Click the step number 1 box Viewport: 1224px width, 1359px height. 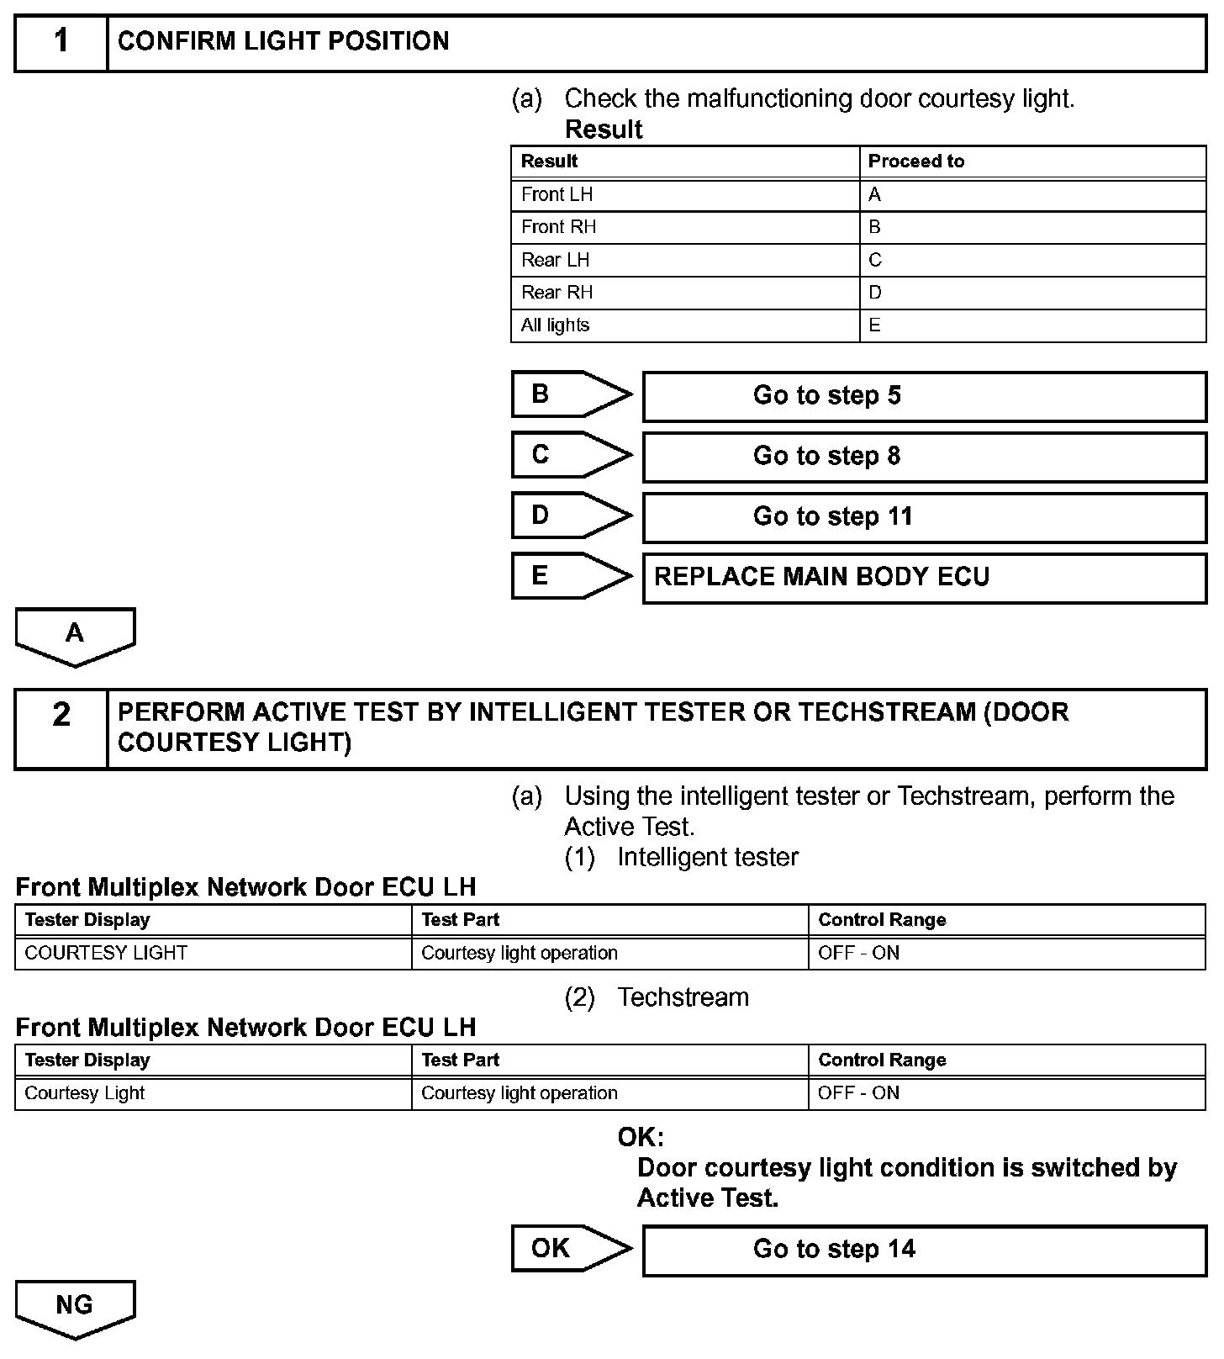coord(61,41)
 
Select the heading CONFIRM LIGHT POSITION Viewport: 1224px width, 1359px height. coord(283,41)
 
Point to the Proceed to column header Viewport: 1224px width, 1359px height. coord(916,161)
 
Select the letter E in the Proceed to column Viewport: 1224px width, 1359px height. coord(875,325)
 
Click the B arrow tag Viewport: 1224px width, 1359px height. coord(571,394)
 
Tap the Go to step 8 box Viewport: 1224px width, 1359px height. coord(924,457)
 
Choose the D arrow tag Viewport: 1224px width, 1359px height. coord(571,516)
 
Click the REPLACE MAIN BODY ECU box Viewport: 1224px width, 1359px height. coord(924,578)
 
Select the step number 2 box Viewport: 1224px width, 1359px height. coord(61,728)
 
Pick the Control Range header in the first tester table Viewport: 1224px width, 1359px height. coord(882,920)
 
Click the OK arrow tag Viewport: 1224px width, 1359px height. coord(571,1249)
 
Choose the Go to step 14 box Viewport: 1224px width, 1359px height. coord(924,1251)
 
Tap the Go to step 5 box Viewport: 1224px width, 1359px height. coord(924,396)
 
